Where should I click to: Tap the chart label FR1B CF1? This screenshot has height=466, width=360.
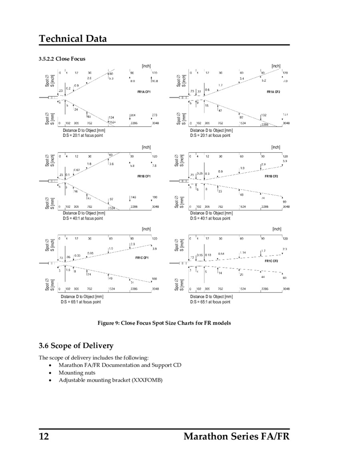(x=143, y=176)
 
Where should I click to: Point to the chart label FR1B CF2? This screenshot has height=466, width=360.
(x=271, y=176)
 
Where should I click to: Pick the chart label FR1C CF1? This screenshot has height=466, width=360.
(x=142, y=258)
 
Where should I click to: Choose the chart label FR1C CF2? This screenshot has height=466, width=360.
(x=271, y=261)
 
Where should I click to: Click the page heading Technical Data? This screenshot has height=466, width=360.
(x=73, y=39)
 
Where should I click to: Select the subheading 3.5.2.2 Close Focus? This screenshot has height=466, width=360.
(x=62, y=59)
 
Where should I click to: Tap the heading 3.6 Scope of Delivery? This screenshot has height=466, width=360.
(x=76, y=346)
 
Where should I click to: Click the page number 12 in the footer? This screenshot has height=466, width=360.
(x=44, y=436)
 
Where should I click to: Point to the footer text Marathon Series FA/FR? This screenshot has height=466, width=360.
(x=236, y=436)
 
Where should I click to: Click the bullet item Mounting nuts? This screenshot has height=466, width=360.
(x=77, y=373)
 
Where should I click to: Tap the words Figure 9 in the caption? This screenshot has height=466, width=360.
(x=108, y=323)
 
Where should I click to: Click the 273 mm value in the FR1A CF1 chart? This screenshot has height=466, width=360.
(x=154, y=115)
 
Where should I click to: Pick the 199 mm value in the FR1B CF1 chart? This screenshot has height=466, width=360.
(x=155, y=197)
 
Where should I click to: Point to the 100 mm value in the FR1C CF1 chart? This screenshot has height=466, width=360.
(x=154, y=278)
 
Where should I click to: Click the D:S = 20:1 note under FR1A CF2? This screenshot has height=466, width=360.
(x=210, y=136)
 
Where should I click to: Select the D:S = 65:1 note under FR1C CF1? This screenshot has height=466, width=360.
(x=81, y=302)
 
